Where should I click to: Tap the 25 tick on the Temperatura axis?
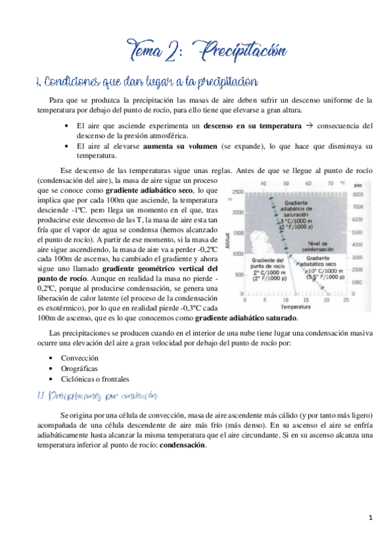pos(344,299)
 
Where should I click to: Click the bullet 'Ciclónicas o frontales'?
pos(95,379)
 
